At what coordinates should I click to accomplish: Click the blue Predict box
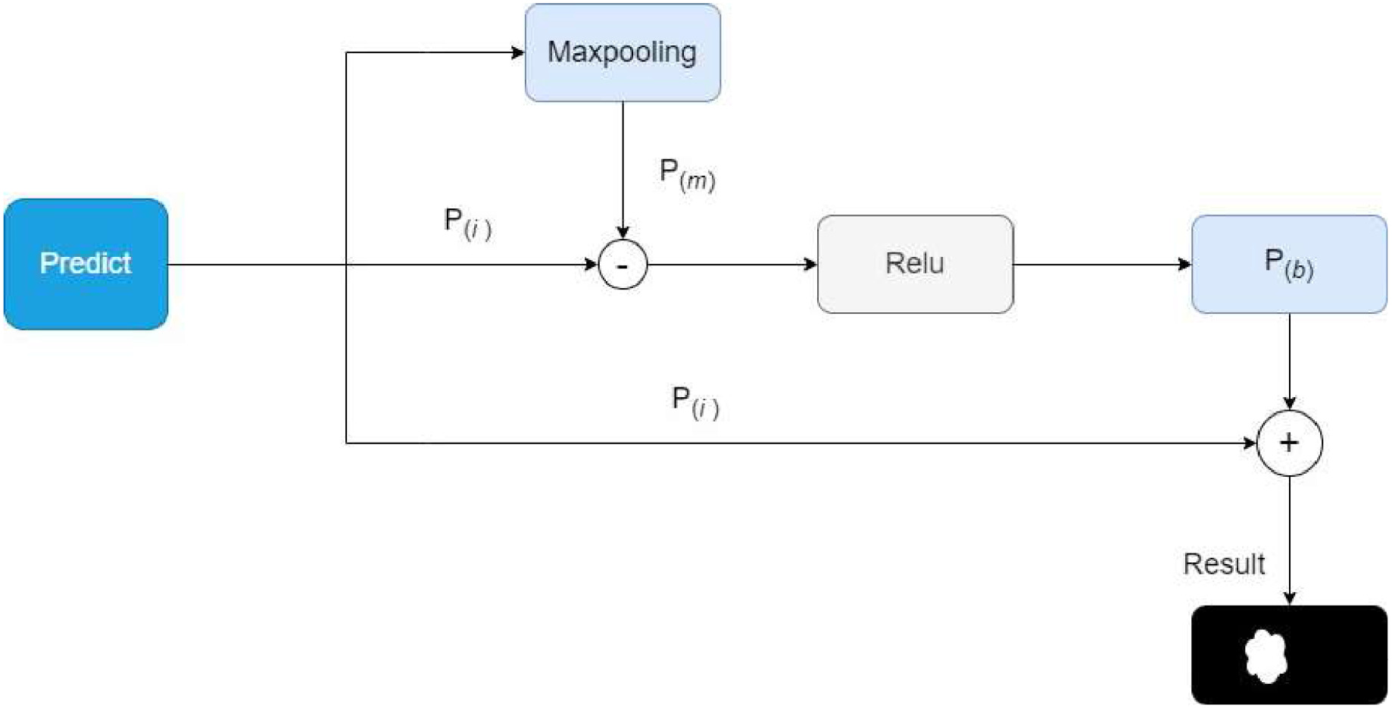86,264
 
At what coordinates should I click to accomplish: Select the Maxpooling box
623,52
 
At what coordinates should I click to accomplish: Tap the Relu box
915,264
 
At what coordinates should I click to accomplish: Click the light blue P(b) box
1289,264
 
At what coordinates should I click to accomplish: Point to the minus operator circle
623,265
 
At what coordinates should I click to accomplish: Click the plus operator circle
1289,443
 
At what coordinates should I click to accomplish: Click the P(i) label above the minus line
467,223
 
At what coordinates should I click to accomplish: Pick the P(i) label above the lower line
695,402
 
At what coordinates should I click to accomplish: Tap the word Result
1224,564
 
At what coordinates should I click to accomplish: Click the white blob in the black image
1266,656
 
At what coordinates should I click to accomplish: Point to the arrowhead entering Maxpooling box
518,52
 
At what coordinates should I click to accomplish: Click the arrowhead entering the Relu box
810,265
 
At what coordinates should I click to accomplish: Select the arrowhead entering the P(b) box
1184,265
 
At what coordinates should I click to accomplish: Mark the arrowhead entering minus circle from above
623,233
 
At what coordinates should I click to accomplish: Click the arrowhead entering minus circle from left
591,265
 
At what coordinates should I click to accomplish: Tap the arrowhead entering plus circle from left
1250,443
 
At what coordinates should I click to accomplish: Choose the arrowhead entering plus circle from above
1289,403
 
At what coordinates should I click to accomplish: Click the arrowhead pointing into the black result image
1289,598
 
